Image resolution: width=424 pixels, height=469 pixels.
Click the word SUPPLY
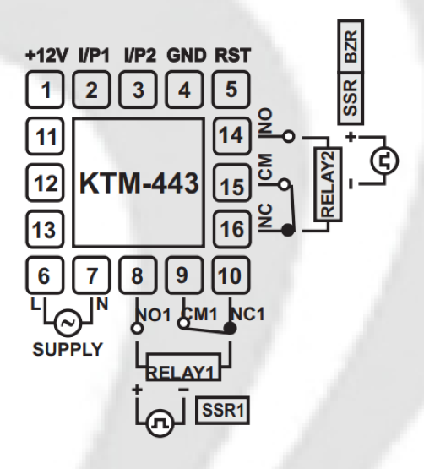68,347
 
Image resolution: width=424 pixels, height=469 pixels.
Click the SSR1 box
220,411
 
